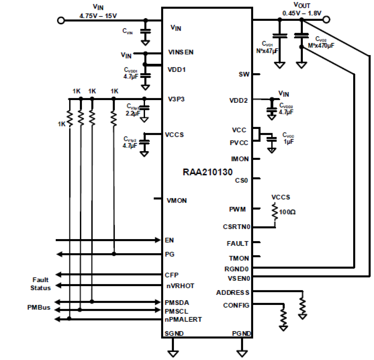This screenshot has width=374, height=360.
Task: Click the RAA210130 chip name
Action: click(x=208, y=172)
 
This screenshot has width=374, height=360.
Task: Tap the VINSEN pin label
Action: click(x=181, y=52)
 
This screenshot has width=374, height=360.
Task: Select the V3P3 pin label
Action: click(x=176, y=99)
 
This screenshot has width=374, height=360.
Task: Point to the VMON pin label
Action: click(x=177, y=201)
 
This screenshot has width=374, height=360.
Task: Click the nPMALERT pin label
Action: click(x=183, y=320)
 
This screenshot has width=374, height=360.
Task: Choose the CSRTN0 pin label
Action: click(x=236, y=227)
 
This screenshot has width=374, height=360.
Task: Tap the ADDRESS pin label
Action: click(x=233, y=293)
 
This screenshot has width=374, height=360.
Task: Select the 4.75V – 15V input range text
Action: click(x=98, y=16)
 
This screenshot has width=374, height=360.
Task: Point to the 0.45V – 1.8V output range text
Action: click(x=302, y=13)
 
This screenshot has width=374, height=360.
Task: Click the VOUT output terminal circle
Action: click(x=326, y=20)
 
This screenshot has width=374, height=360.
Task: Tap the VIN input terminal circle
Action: click(x=61, y=21)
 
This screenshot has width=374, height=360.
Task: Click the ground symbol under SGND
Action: click(x=173, y=353)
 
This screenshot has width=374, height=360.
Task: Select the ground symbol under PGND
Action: click(x=242, y=353)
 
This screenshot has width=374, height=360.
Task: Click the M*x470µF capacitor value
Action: click(x=321, y=46)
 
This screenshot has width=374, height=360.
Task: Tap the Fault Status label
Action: click(x=40, y=284)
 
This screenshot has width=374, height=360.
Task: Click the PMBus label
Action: click(x=39, y=308)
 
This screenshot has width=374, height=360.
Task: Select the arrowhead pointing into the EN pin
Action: click(x=158, y=240)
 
